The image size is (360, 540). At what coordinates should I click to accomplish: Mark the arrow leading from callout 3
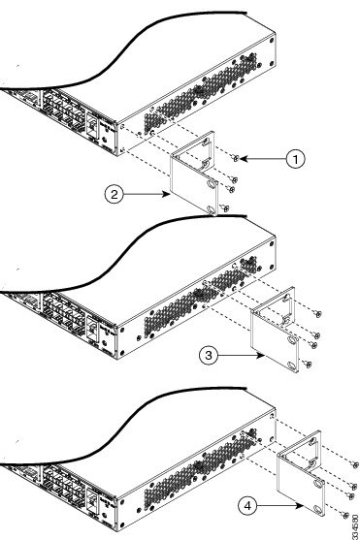tap(243, 357)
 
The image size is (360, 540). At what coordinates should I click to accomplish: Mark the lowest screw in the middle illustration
tap(309, 364)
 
